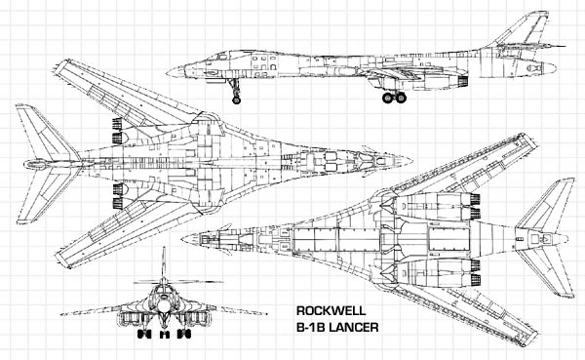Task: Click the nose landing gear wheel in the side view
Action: [236, 99]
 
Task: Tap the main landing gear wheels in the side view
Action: [394, 98]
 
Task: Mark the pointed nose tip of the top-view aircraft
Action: [411, 159]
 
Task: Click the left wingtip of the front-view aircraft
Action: [61, 313]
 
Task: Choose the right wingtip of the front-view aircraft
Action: [264, 313]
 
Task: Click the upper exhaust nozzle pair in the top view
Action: [119, 126]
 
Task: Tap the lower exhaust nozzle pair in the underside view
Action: [475, 266]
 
